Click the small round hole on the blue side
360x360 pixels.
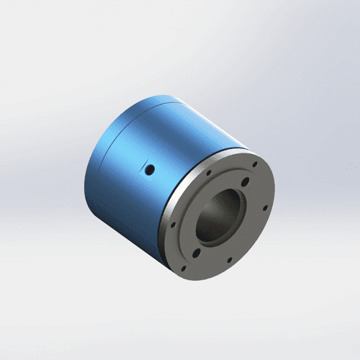point(150,170)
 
